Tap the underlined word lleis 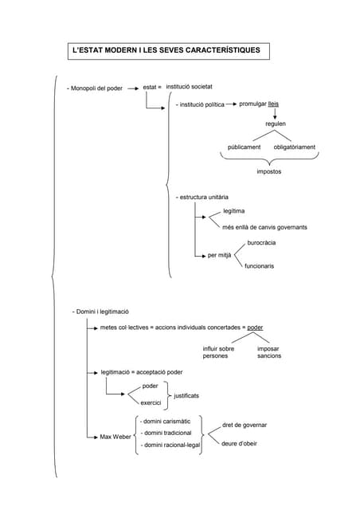click(273, 104)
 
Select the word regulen click(276, 124)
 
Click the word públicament click(244, 147)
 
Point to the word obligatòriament click(294, 147)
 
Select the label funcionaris click(259, 265)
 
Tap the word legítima click(234, 210)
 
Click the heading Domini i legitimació click(101, 311)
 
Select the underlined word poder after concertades click(255, 328)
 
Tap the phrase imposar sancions click(268, 351)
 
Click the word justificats click(186, 395)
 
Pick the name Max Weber click(115, 437)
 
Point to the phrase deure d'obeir click(239, 443)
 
